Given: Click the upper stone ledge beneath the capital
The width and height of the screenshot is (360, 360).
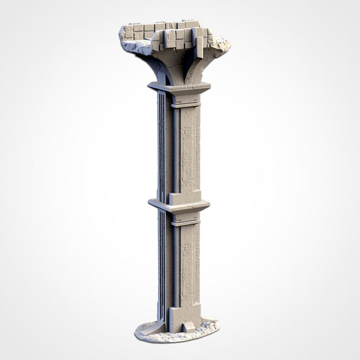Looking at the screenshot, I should click(179, 88).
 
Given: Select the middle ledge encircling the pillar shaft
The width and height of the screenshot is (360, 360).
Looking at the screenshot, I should click(179, 205).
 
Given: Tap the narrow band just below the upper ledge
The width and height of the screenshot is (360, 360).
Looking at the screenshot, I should click(184, 103).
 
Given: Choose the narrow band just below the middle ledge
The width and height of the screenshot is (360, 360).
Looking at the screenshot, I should click(184, 222).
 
